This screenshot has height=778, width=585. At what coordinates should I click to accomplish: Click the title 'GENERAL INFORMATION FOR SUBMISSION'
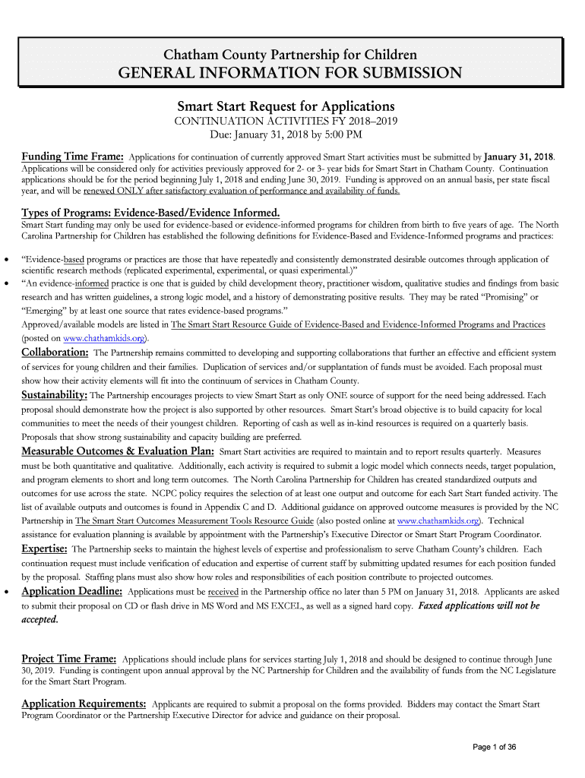[x=289, y=73]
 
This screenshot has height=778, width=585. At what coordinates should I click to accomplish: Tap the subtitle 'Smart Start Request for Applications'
[x=286, y=106]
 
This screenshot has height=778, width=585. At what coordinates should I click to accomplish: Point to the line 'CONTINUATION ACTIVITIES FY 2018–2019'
[x=286, y=122]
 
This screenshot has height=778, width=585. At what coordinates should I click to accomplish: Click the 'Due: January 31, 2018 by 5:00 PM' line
[x=286, y=135]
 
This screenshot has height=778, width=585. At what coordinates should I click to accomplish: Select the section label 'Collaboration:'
[x=55, y=353]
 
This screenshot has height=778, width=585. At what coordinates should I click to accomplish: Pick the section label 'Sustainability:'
[x=55, y=395]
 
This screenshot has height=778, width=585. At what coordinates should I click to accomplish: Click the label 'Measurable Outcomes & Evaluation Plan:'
[x=118, y=451]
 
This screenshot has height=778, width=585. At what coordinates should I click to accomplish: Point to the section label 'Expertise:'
[x=45, y=549]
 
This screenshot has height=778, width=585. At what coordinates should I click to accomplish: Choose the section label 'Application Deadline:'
[x=72, y=591]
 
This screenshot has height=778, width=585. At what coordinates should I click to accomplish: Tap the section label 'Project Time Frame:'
[x=69, y=659]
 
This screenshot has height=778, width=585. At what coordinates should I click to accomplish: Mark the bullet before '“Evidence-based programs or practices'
[x=7, y=260]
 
